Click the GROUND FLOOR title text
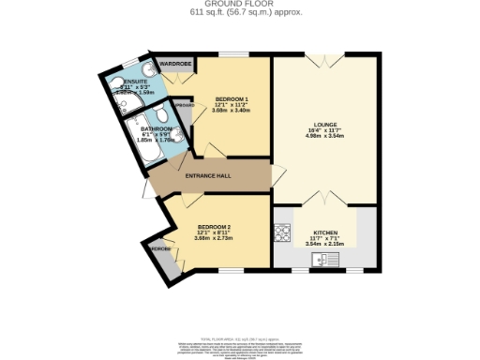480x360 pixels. tap(239, 5)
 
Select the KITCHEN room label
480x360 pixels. tap(325, 232)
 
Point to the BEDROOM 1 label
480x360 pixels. tap(231, 98)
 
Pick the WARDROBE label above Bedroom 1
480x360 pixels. tap(175, 64)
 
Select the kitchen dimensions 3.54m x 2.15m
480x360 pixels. tap(325, 244)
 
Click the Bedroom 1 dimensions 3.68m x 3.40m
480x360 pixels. tap(231, 111)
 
